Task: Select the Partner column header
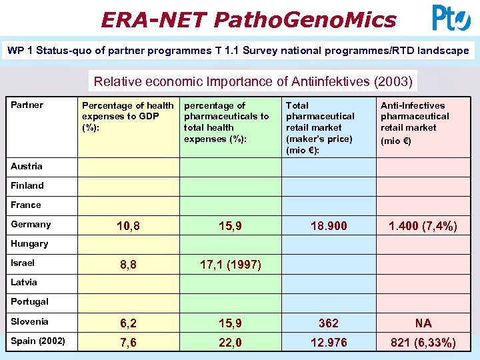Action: coord(27,105)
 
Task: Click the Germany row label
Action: coord(31,224)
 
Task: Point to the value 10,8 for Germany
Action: coord(128,226)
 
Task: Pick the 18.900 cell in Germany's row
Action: coord(328,226)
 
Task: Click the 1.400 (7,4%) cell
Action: coord(423,226)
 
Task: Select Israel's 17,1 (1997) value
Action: coord(230,265)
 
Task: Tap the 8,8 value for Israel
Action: coord(128,265)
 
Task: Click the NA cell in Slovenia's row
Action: coord(423,323)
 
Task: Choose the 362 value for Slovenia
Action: coord(328,323)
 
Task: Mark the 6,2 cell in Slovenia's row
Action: coord(128,323)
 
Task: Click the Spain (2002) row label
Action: coord(38,341)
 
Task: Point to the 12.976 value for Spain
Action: coord(328,343)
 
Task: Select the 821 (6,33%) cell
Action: coord(423,343)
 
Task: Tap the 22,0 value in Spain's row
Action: coord(230,343)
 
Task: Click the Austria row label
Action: coord(27,166)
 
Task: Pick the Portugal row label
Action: coord(29,301)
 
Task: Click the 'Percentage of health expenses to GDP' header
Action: coord(127,116)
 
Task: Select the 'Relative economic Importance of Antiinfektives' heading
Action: coord(253,82)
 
